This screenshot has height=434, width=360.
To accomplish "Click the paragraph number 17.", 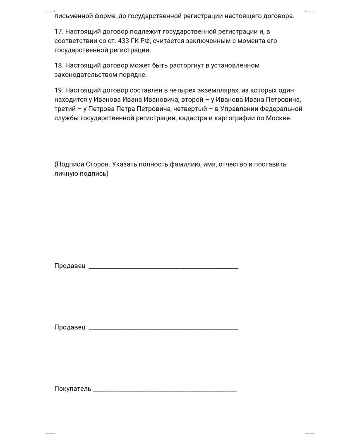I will click(x=58, y=31).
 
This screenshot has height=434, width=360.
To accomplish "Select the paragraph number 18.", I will click(x=58, y=66).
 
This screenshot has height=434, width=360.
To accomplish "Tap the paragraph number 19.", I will click(x=58, y=91).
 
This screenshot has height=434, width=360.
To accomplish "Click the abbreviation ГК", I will click(x=128, y=41).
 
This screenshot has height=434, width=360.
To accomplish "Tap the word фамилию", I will click(x=186, y=164).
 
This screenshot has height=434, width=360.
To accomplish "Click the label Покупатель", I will click(x=73, y=389).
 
